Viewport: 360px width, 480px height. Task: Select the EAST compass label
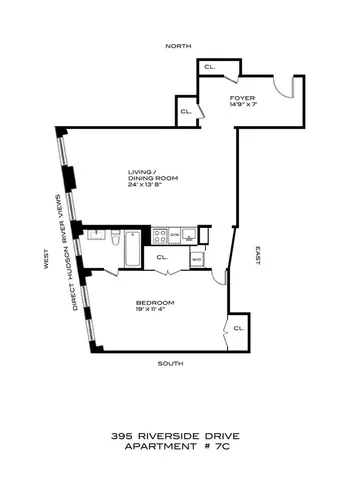click(x=257, y=255)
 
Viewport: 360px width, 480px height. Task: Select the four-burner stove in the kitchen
click(x=160, y=236)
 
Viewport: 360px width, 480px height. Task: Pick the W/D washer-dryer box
click(x=196, y=259)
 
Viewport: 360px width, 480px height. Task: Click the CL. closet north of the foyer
click(x=210, y=66)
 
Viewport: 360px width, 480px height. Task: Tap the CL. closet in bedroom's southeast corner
click(x=238, y=327)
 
